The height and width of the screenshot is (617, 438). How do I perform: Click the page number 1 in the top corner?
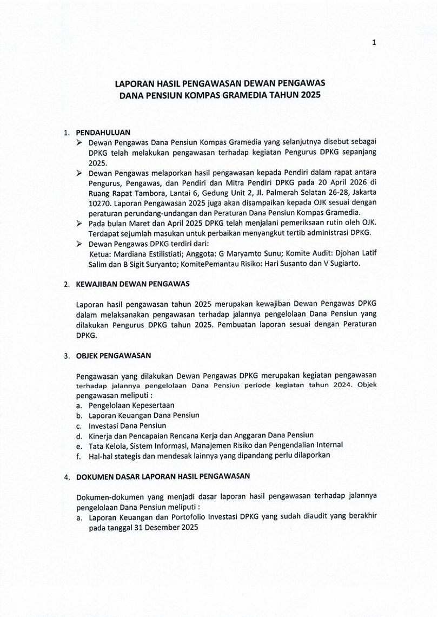point(374,43)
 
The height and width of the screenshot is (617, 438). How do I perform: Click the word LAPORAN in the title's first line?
point(134,84)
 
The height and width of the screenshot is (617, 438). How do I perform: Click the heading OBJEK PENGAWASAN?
point(114,356)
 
